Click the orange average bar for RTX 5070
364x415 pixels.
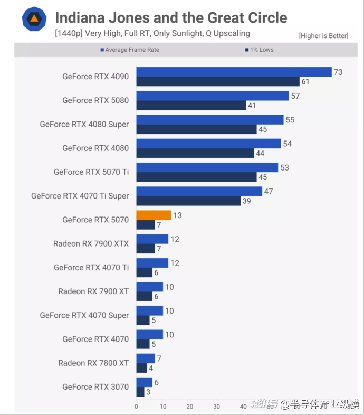[154, 215]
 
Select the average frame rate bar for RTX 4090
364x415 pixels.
[234, 72]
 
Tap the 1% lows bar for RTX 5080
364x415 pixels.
[191, 105]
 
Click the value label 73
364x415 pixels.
[338, 72]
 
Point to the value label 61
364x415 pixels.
[305, 81]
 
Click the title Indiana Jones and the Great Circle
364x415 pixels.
[171, 17]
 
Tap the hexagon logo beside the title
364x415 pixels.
[34, 19]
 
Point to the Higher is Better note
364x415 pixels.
[323, 36]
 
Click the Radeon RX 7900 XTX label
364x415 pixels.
[91, 243]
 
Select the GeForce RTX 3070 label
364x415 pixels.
[95, 386]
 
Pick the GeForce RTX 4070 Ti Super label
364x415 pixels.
[80, 196]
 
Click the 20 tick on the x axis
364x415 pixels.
[190, 407]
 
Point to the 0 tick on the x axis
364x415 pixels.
[136, 407]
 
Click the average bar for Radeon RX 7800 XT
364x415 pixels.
[146, 359]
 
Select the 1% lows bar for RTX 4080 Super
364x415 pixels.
[196, 129]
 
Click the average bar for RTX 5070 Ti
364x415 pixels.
[207, 167]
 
